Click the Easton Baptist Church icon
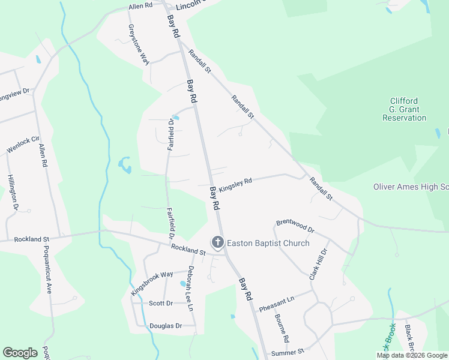point(217,243)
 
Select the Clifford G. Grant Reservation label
point(404,109)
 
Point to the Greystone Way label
point(139,43)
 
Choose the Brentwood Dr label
point(295,226)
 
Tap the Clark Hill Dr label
point(318,265)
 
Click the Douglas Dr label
point(165,326)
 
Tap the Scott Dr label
point(160,304)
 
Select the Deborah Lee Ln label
point(191,288)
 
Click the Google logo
point(20,353)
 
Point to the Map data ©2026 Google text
point(411,355)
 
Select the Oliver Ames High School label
point(411,187)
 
